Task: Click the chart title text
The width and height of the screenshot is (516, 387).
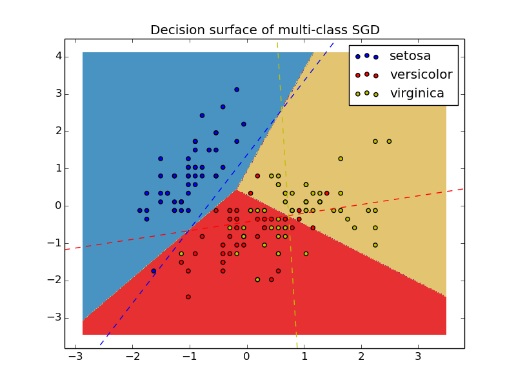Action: tap(265, 30)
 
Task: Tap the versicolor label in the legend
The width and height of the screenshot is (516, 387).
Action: tap(421, 75)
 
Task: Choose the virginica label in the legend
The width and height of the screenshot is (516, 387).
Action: tap(417, 94)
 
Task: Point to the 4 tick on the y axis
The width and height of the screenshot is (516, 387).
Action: tap(58, 56)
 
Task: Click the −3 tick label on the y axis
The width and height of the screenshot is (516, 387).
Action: tap(55, 317)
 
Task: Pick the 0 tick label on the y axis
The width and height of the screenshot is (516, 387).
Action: tap(58, 206)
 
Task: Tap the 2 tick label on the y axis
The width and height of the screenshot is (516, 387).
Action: tap(58, 131)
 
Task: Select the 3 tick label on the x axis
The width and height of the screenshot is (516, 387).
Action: tap(418, 357)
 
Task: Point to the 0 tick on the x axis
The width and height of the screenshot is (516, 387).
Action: tap(247, 357)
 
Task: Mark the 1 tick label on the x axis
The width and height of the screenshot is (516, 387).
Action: tap(304, 357)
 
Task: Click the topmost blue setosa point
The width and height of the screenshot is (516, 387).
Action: tap(237, 90)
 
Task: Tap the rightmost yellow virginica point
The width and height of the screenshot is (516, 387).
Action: tap(389, 141)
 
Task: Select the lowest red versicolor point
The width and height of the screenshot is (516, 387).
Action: tap(188, 297)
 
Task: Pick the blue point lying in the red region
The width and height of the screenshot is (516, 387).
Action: tap(154, 271)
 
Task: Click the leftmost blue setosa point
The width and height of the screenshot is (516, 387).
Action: tap(139, 210)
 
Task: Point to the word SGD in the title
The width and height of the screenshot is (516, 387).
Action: tap(363, 30)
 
